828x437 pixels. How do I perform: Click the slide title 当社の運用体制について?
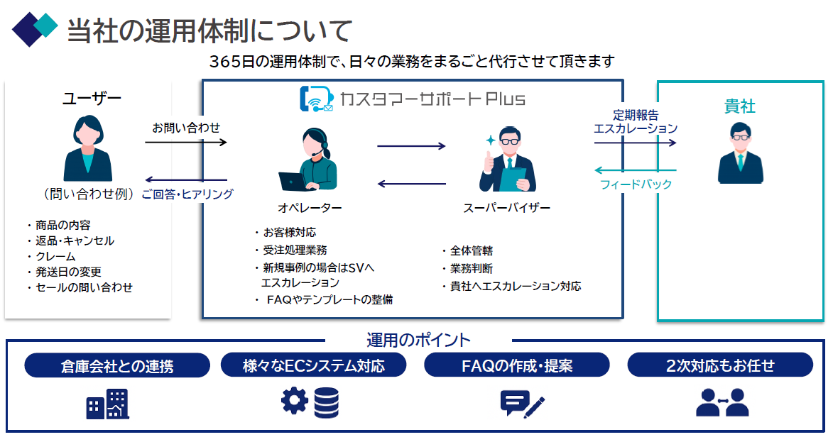coord(209,31)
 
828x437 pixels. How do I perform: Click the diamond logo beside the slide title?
coord(34,28)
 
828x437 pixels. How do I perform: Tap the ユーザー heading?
coord(92,99)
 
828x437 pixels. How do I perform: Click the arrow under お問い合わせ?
coord(185,143)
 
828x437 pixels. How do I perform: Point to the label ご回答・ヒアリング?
coord(187,194)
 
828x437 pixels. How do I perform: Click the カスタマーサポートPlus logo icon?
coord(317,99)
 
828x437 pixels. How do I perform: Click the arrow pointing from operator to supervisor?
coord(411,147)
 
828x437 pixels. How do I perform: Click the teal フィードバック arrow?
coord(635,170)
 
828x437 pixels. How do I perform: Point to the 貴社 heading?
coord(739,107)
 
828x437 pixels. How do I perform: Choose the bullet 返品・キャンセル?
coord(75,240)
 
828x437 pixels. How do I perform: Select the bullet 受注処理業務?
coord(295,250)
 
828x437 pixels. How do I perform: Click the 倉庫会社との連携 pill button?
coord(117,366)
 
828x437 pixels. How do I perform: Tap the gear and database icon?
coord(310,402)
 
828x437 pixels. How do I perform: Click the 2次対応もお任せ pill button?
coord(720,366)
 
